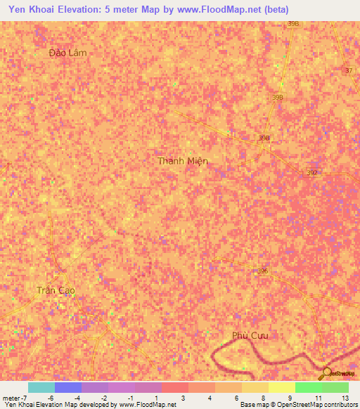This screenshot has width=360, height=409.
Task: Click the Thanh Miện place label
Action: click(183, 161)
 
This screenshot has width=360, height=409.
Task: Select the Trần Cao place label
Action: click(56, 290)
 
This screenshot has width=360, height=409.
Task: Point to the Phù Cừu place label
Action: click(250, 335)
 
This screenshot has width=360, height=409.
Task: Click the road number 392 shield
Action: click(313, 173)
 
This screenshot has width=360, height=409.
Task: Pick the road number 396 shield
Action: click(263, 271)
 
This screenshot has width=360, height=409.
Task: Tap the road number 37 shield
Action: click(349, 71)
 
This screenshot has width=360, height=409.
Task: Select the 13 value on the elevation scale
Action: click(345, 398)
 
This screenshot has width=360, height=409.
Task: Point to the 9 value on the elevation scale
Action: click(290, 398)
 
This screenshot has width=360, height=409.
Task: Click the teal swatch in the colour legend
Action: click(41, 387)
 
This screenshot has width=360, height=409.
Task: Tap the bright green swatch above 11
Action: click(308, 387)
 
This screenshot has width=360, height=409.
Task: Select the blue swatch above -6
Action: click(67, 387)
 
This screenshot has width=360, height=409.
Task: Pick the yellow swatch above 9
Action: click(281, 387)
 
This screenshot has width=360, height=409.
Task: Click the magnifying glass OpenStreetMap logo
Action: click(326, 372)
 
